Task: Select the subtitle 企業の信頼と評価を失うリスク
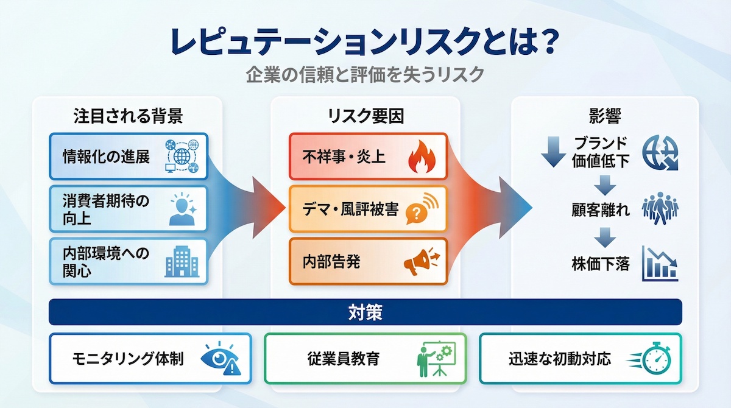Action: pos(365,76)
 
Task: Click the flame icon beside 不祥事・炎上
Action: pos(421,158)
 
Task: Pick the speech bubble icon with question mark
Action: pos(420,209)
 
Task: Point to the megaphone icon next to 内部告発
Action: pos(421,262)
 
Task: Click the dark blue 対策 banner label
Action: pos(365,312)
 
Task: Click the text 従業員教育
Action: pos(344,359)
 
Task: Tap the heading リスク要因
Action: pos(365,115)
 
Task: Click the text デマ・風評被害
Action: pos(350,209)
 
